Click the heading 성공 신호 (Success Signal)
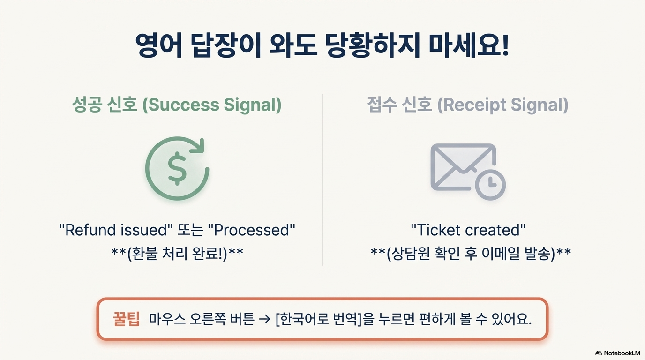coord(177,105)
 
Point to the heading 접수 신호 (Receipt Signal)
coord(467,105)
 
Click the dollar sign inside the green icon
coord(177,170)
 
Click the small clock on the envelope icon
coord(490,183)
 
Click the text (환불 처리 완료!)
coord(177,253)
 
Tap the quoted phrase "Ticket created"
coord(468,230)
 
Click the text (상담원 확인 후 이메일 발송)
coord(471,253)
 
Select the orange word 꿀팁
coord(126,319)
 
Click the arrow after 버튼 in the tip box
coord(265,320)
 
